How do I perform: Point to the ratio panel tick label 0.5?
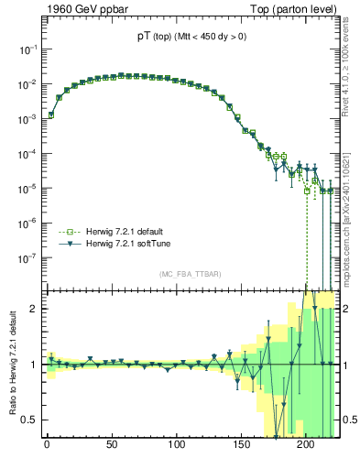coord(28,420)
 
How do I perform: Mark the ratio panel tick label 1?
coord(33,365)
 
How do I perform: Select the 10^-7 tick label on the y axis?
coord(27,258)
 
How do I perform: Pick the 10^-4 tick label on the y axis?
coord(27,154)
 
